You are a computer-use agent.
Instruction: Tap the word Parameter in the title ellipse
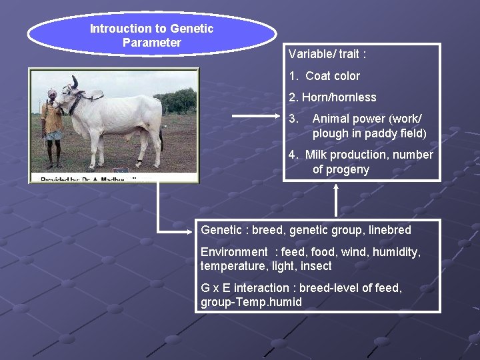click(x=152, y=43)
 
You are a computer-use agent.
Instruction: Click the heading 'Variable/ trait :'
click(x=327, y=53)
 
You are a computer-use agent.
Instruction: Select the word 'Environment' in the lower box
click(x=234, y=252)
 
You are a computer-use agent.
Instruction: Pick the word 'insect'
click(x=316, y=266)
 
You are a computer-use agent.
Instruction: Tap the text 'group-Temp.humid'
click(x=251, y=302)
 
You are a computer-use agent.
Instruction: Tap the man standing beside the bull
click(x=52, y=127)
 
